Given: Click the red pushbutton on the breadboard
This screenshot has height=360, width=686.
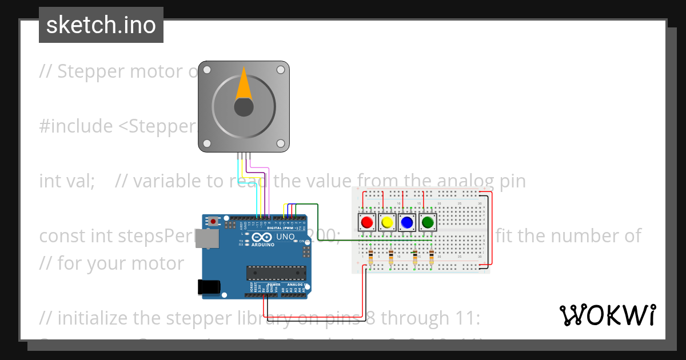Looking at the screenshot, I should coord(366,222).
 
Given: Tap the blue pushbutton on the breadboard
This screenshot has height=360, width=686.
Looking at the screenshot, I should coord(406,222).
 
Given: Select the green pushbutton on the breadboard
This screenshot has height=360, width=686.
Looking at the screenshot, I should coord(427,222).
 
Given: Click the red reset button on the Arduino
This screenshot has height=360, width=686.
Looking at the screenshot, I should coord(214,221).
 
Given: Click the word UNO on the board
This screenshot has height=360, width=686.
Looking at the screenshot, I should coord(285,237).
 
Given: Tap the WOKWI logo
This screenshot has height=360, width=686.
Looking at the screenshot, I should coord(607,315).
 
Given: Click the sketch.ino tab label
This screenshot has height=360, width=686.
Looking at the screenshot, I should coord(101,25).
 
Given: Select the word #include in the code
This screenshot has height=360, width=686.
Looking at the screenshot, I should coord(76,126).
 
